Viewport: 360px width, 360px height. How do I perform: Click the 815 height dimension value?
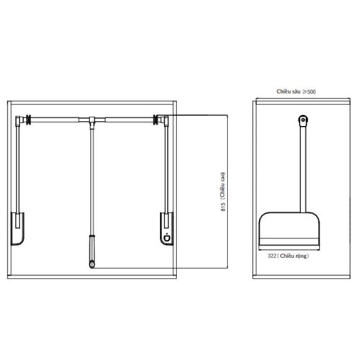point(223,207)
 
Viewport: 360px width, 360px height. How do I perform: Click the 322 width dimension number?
point(271,256)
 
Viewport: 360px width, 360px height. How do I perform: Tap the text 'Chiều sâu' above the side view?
point(288,91)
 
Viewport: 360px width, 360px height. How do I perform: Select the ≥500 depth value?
point(309,91)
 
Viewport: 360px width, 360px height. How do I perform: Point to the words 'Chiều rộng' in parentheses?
point(293,256)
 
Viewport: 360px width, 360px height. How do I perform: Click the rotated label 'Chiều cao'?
point(223,185)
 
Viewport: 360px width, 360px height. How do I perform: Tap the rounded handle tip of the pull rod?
point(92,264)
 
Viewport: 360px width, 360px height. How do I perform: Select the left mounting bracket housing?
point(17,228)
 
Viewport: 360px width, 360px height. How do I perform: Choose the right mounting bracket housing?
point(166,228)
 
